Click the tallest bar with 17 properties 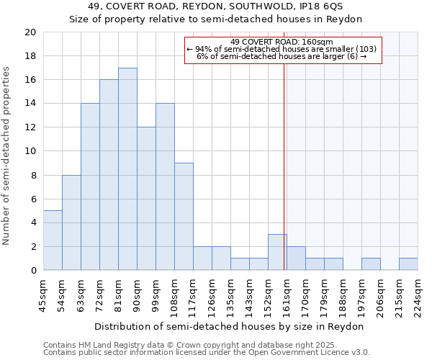[x=127, y=169]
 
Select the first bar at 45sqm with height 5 [x=53, y=240]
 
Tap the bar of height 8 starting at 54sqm [x=71, y=222]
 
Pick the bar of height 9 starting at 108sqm [x=184, y=217]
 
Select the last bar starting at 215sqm [x=408, y=264]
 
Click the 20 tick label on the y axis [x=30, y=32]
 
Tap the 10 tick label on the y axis [x=30, y=151]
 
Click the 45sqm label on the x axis [x=44, y=293]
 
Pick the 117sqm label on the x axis [x=193, y=295]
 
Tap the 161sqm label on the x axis [x=287, y=295]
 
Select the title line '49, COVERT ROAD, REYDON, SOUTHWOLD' [x=216, y=7]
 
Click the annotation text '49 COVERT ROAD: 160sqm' [x=282, y=42]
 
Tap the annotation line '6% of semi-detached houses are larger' [x=282, y=56]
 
